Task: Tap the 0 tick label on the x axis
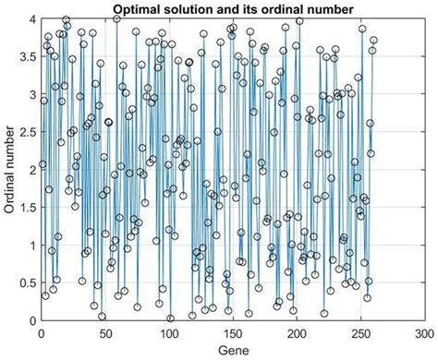pos(42,333)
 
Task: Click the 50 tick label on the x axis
pos(105,333)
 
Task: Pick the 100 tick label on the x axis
pos(168,333)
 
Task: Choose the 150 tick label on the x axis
pos(232,333)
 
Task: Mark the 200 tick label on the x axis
pos(296,333)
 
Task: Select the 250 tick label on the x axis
pos(359,333)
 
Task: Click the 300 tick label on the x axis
pos(423,333)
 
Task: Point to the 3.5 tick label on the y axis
pos(29,57)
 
